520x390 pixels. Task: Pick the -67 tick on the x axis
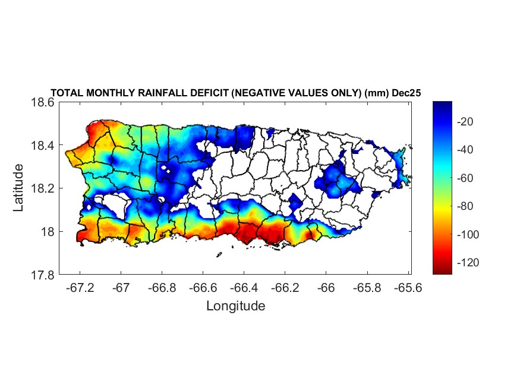pos(121,287)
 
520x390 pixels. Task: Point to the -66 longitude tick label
pos(326,287)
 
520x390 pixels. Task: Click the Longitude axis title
pos(235,306)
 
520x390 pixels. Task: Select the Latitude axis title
pos(18,188)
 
